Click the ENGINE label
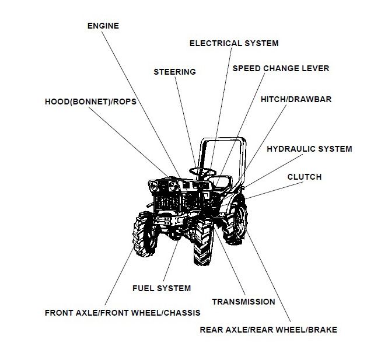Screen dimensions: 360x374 [x=103, y=26]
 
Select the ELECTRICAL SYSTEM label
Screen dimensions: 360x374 [x=234, y=43]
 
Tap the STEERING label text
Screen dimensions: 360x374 [x=174, y=72]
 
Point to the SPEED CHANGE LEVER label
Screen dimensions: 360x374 [x=281, y=68]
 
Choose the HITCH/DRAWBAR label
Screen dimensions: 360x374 [x=296, y=99]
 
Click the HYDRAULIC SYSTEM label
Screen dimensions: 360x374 [x=309, y=149]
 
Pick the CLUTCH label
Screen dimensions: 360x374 [x=304, y=177]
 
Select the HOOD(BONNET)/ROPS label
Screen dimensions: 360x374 [x=90, y=102]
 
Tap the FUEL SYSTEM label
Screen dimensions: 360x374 [x=162, y=288]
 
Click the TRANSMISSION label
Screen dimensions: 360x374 [x=243, y=302]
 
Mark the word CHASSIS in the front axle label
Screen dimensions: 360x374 [x=181, y=313]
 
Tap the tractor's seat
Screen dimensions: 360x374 [x=223, y=180]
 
